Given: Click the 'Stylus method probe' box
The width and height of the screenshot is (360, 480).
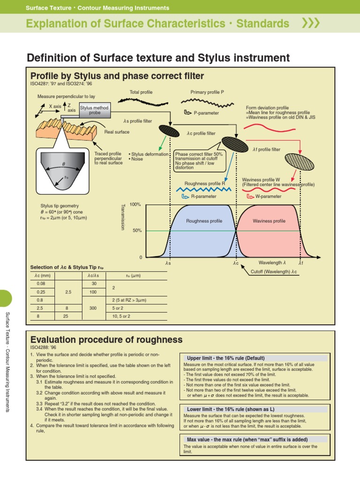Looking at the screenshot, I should coord(95,110).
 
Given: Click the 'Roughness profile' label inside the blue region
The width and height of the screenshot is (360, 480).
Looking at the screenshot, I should coord(204,221).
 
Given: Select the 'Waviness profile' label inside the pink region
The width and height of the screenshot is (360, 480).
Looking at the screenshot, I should coord(269,221).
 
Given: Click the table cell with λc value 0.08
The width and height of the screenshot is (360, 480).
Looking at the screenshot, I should coord(40,284).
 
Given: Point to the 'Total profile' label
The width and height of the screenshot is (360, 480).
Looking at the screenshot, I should coord(141,92).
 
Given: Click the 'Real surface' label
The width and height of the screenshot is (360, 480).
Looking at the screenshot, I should coord(117,132).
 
